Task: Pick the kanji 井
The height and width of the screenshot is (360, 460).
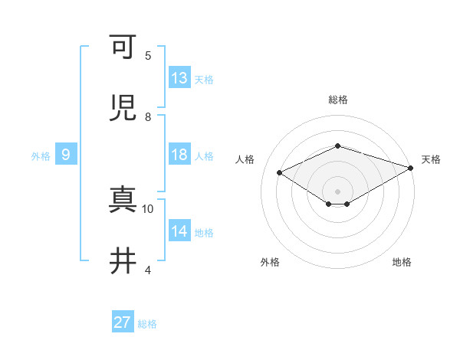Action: pos(123,261)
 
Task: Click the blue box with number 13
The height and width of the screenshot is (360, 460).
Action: pos(179,78)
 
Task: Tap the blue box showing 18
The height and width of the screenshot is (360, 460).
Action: pos(179,155)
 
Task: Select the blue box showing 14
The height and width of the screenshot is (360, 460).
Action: pos(179,231)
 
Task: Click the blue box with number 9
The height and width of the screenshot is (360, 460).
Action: pos(66,155)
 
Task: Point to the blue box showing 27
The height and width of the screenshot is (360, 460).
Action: pos(123,322)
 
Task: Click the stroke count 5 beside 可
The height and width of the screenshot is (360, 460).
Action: pos(148,56)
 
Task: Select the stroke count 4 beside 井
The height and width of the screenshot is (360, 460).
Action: pos(148,270)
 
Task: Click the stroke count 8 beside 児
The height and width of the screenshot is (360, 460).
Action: pos(148,117)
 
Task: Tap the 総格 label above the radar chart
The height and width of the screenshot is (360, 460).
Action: pos(338,100)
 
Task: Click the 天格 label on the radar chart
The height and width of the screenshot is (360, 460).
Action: pos(431,159)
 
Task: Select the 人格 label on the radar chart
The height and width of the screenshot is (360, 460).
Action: pos(245,159)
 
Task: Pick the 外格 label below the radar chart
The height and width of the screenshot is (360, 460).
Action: pos(270,262)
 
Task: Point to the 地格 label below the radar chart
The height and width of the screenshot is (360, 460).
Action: pos(402,262)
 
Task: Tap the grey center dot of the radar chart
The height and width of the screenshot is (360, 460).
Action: pos(337,191)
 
